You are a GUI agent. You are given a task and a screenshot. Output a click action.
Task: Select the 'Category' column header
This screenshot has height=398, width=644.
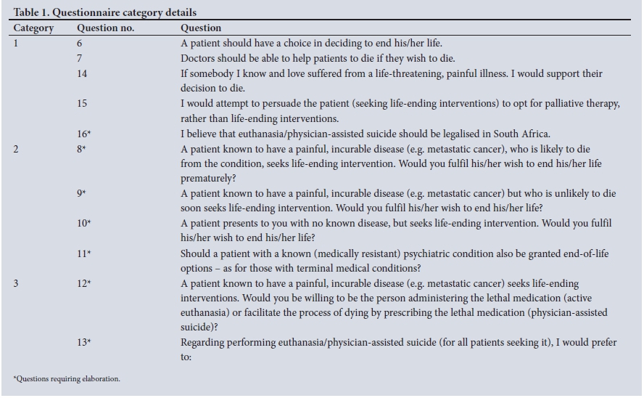[x=33, y=28]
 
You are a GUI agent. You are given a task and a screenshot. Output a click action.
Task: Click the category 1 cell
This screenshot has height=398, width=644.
[x=16, y=44]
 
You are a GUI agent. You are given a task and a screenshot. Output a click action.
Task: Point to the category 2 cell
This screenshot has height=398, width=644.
[x=16, y=148]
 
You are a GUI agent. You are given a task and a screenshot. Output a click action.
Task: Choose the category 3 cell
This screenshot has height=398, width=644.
[x=16, y=283]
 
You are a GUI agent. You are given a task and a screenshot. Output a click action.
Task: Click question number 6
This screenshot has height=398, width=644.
[x=80, y=44]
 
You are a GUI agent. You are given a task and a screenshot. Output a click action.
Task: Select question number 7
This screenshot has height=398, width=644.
[x=80, y=58]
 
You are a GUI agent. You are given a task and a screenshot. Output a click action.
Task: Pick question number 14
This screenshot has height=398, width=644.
[x=82, y=73]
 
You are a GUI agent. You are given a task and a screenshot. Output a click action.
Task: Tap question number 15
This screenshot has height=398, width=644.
[x=82, y=104]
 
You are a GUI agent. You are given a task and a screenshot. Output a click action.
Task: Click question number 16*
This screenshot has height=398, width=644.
[x=83, y=134]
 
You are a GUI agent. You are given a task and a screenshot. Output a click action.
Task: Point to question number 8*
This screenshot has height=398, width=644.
[x=81, y=148]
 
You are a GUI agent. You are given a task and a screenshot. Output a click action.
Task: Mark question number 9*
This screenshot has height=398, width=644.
[x=81, y=193]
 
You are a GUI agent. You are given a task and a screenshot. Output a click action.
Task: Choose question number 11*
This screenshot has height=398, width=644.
[x=83, y=253]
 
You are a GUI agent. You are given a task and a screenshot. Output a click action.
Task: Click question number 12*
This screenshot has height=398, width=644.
[x=83, y=283]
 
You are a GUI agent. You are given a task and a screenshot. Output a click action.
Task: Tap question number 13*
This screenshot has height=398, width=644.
[x=83, y=343]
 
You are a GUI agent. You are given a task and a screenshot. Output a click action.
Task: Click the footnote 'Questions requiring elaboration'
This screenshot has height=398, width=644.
[x=67, y=379]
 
